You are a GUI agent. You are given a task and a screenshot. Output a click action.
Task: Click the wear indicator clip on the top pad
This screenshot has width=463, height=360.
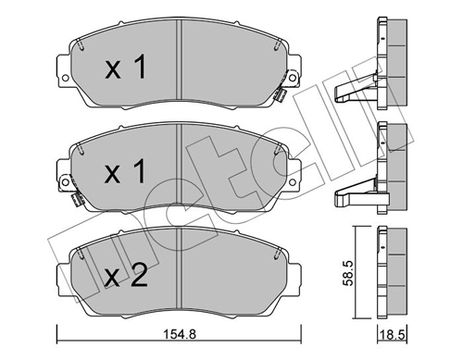coord(282,94)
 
